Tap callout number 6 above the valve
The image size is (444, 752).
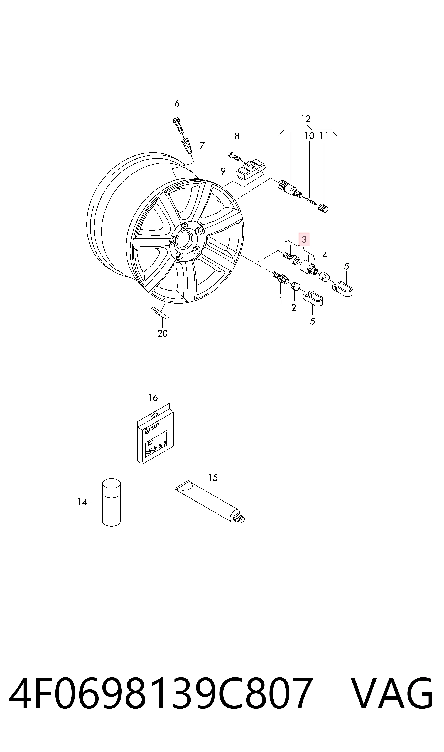pyautogui.click(x=177, y=104)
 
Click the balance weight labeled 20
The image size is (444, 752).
pyautogui.click(x=160, y=313)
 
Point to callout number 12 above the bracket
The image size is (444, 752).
pyautogui.click(x=305, y=119)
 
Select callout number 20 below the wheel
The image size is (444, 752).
pyautogui.click(x=163, y=333)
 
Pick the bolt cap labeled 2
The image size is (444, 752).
pyautogui.click(x=295, y=286)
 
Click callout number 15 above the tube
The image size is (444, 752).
pyautogui.click(x=213, y=478)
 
